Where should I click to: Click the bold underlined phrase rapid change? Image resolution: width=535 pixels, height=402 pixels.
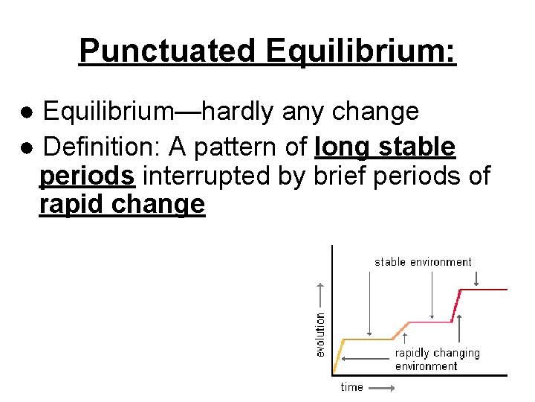coord(122,204)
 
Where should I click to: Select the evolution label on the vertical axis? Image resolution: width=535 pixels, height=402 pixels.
coord(320,333)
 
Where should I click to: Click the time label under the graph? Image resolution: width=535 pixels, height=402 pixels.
coord(351,387)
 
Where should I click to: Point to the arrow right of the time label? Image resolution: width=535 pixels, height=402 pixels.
coord(381,387)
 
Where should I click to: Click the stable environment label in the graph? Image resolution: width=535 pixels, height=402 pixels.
coord(423,262)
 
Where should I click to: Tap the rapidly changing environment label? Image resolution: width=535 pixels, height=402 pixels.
coord(437,359)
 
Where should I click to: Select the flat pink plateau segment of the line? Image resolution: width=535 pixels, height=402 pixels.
coord(431,322)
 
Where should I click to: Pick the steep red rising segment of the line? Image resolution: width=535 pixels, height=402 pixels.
coord(457,305)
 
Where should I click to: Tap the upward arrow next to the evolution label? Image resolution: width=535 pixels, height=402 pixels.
coord(320,295)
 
